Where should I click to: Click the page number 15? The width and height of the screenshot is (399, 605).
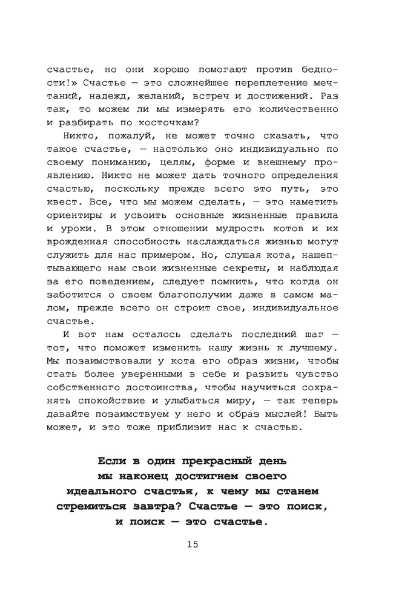tap(193, 544)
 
